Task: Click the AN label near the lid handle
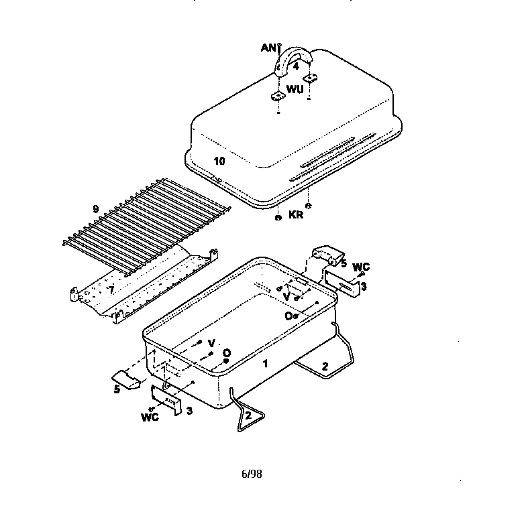[268, 48]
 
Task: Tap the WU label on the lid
[295, 89]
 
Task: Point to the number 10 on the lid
[219, 161]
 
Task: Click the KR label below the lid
[296, 214]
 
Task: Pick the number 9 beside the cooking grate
[96, 209]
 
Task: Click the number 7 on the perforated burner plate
[111, 290]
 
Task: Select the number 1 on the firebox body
[265, 363]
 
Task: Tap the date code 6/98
[252, 474]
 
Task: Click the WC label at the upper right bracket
[361, 267]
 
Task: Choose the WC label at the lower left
[150, 417]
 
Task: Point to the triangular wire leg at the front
[247, 412]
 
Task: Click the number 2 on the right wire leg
[325, 366]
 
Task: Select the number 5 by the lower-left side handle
[117, 390]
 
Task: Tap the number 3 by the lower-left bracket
[189, 410]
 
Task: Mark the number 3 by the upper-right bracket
[364, 287]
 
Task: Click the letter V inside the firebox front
[211, 343]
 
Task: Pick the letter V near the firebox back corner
[286, 296]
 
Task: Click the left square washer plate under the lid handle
[278, 96]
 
